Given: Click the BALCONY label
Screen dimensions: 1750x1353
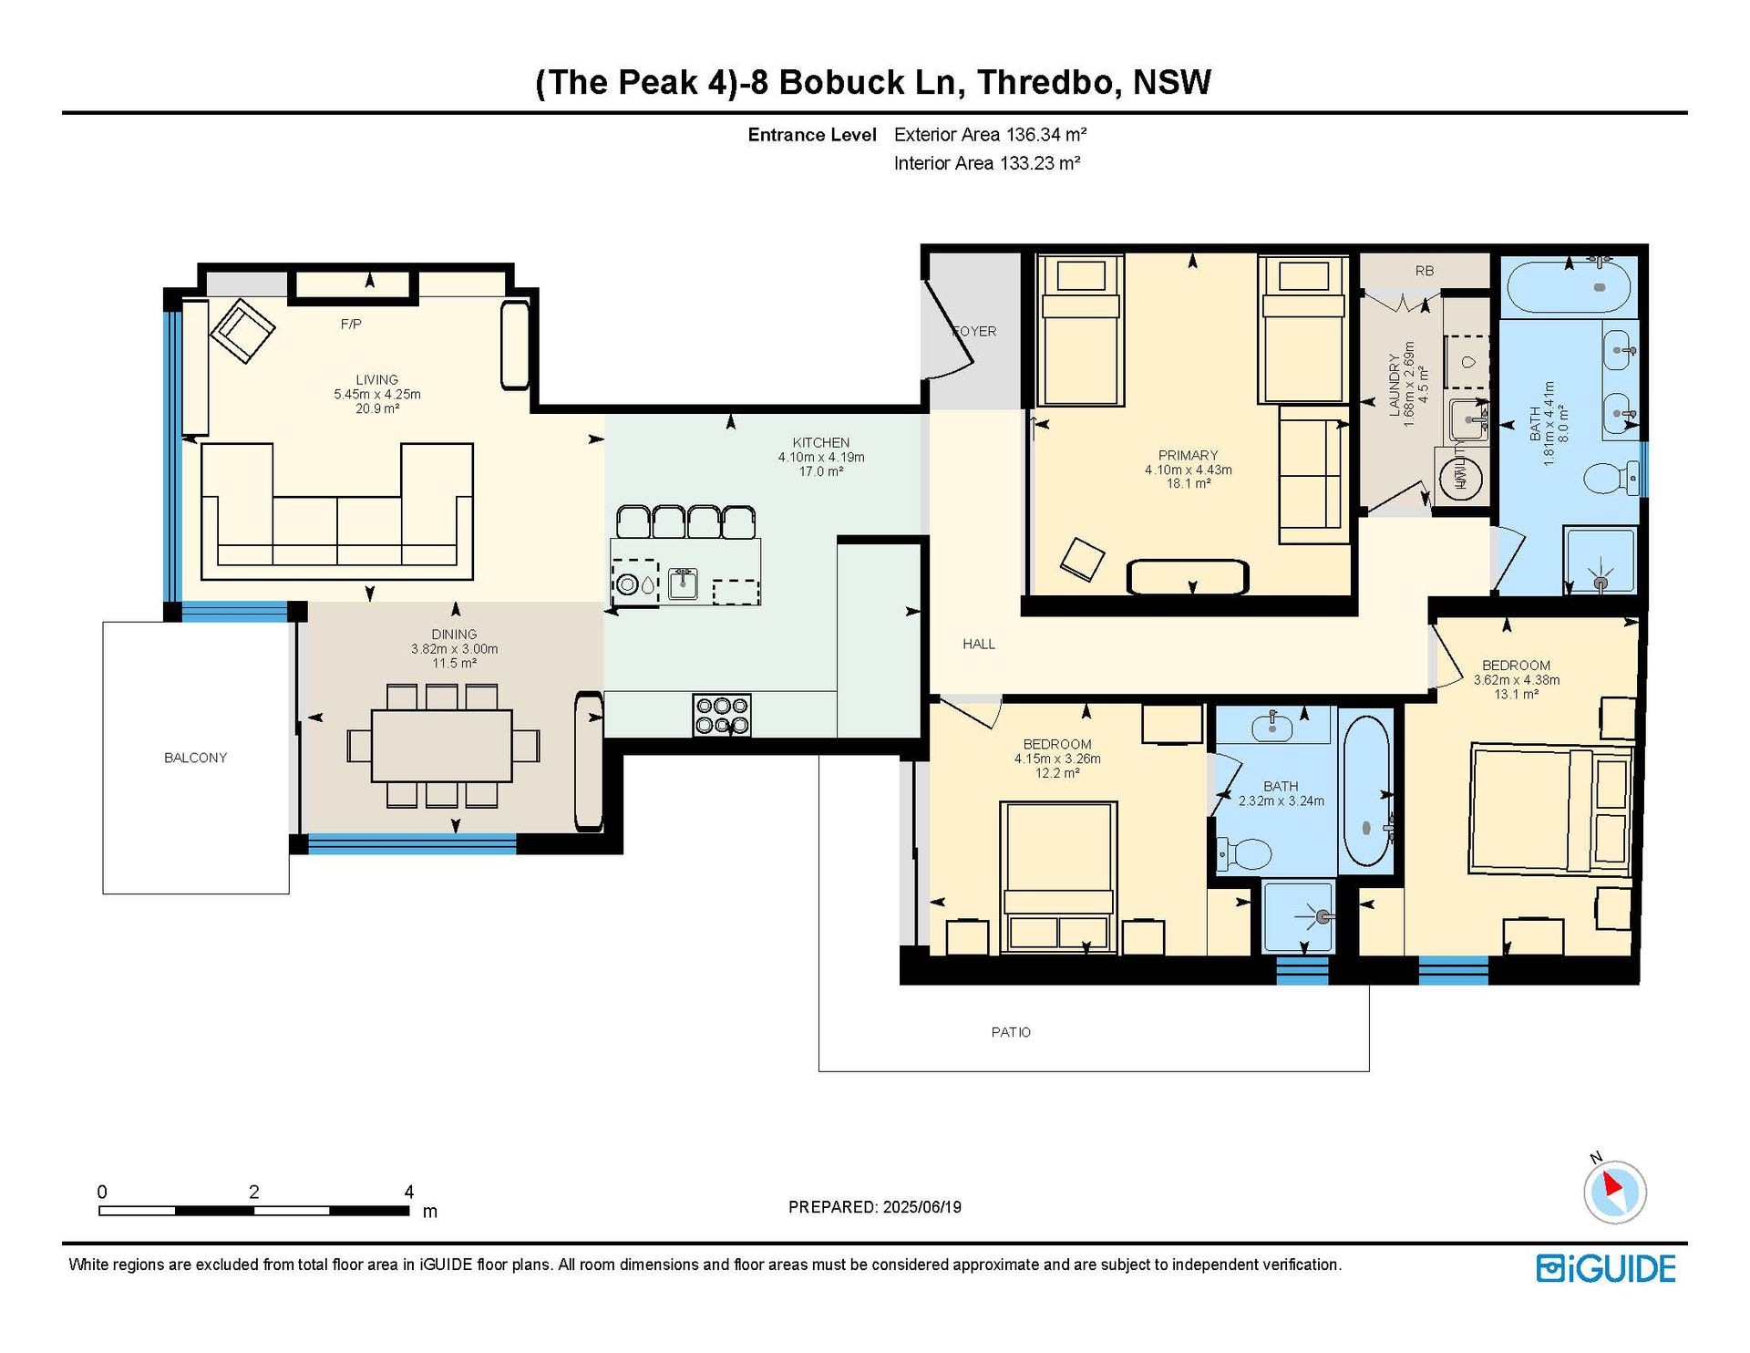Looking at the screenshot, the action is point(195,758).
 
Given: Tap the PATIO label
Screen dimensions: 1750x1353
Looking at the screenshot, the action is point(1011,1032).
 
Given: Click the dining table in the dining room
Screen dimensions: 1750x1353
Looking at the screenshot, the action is point(442,745).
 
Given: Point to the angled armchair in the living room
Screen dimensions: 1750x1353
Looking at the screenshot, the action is point(242,330).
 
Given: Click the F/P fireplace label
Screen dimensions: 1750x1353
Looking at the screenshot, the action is point(351,324).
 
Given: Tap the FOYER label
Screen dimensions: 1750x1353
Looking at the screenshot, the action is point(974,331).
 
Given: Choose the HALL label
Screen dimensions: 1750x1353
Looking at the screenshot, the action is point(979,644).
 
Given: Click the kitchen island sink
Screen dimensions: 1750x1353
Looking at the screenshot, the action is point(683,584).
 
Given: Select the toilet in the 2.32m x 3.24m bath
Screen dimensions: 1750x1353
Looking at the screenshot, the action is point(1245,855).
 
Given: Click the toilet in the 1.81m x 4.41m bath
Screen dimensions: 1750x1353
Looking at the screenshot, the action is point(1611,477).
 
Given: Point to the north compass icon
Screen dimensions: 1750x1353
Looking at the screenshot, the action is point(1614,1190).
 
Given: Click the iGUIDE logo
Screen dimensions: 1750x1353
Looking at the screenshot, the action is point(1606,1268).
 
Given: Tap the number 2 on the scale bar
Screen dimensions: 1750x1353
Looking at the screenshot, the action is point(253,1192).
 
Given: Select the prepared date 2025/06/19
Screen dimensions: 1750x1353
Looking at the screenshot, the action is point(921,1207).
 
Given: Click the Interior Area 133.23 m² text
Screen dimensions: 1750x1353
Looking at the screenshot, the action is point(987,163).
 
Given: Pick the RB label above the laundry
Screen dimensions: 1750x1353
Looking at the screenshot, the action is point(1425,271).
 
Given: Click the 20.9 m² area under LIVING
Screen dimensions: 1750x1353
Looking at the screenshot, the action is point(377,408).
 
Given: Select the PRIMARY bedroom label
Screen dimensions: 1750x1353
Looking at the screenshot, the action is point(1188,455).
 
